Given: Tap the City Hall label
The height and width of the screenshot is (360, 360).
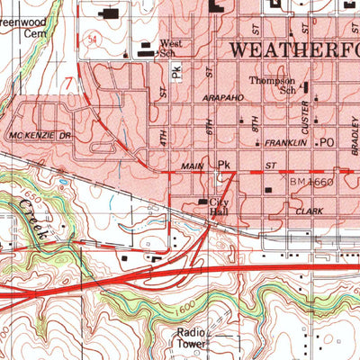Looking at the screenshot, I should tap(220, 208).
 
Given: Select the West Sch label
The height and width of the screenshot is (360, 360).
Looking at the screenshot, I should tap(171, 48).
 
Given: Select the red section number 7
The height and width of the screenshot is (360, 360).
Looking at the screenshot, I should tap(68, 82).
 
